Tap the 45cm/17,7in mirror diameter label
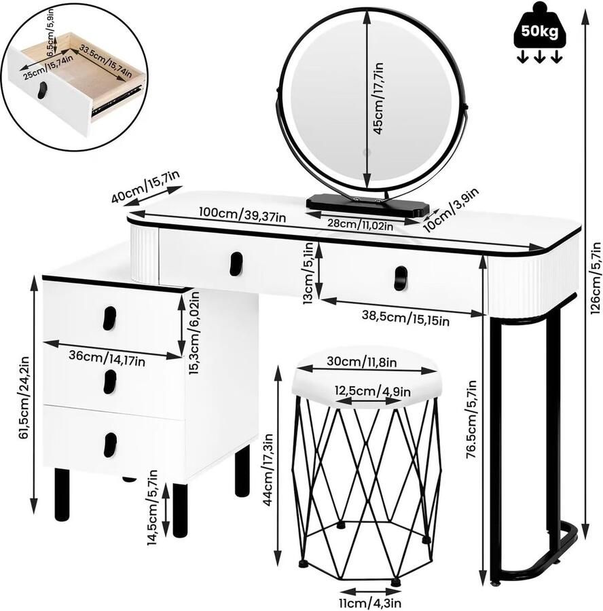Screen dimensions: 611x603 click(x=378, y=98)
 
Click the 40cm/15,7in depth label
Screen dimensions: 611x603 click(x=146, y=187)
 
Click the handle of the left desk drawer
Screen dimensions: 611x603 click(x=236, y=264)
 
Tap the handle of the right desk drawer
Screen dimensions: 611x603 click(x=401, y=278)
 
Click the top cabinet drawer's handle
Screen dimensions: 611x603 click(x=109, y=318)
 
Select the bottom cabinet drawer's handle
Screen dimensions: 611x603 click(x=109, y=444)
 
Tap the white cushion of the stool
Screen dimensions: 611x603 click(x=367, y=384)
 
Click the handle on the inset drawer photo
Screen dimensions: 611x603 click(x=42, y=90)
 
